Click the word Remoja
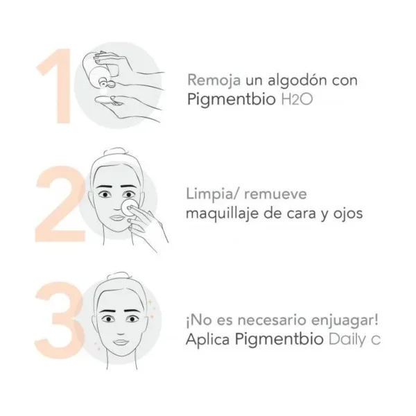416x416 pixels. [214, 80]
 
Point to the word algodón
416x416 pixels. [297, 80]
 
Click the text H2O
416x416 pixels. [297, 99]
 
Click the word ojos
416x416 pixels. [348, 214]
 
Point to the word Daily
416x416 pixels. [347, 339]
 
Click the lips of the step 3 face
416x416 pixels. [121, 343]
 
